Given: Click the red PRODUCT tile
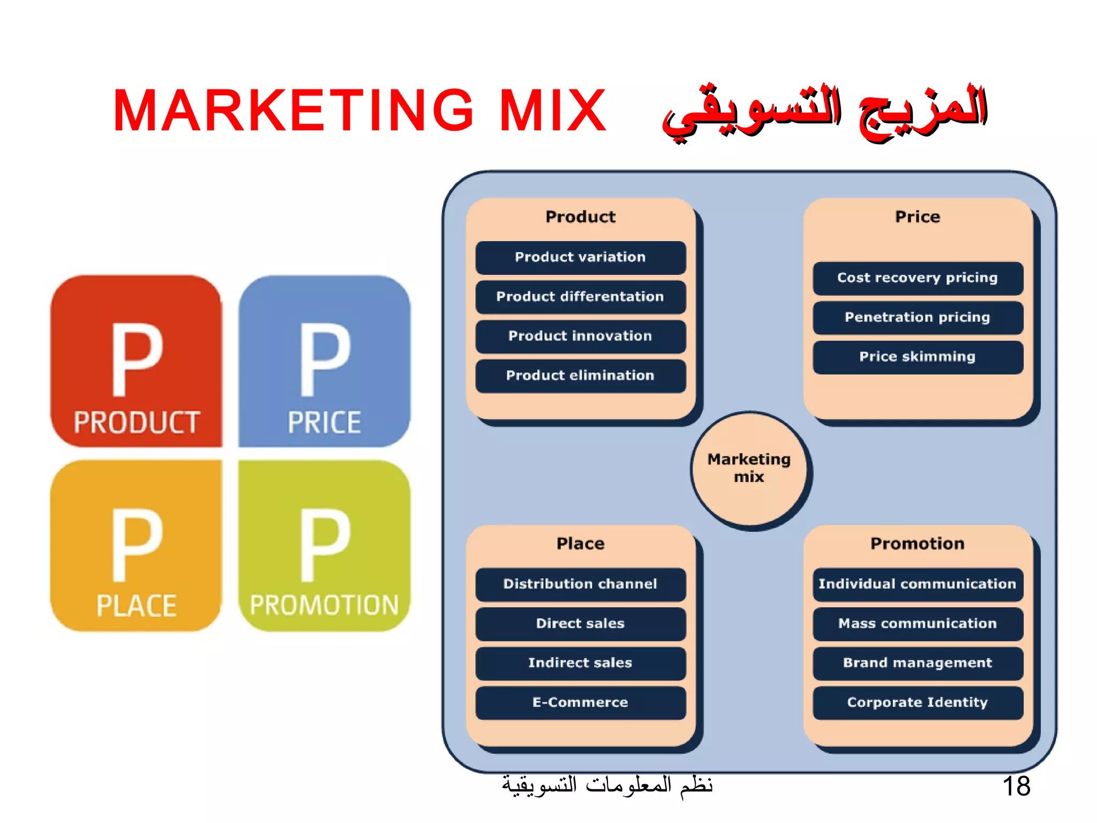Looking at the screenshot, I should point(136,361).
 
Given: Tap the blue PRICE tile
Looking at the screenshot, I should point(324,361).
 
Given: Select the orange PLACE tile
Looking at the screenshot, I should point(136,545).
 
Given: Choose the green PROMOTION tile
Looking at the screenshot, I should point(324,545).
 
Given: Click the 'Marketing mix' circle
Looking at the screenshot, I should point(749,469).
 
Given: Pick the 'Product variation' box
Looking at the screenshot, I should point(581,257).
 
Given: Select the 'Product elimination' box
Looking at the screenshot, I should point(581,376).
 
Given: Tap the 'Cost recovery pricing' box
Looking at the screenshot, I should point(918,278).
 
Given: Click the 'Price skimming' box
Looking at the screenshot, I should point(918,357).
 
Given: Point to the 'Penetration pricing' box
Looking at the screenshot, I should point(918,317).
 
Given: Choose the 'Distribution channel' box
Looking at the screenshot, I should point(581,584).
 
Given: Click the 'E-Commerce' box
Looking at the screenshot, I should point(581,702).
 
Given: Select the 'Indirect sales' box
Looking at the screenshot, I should point(581,663).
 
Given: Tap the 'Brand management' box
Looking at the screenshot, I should point(918,663).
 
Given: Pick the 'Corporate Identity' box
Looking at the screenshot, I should point(918,702).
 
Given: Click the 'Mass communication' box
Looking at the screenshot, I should point(918,624).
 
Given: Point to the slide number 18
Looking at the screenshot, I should point(1016,787).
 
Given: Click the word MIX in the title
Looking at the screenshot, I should point(553,111).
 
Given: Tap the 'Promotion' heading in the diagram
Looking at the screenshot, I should point(918,544).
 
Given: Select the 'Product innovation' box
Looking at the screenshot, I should point(581,336).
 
